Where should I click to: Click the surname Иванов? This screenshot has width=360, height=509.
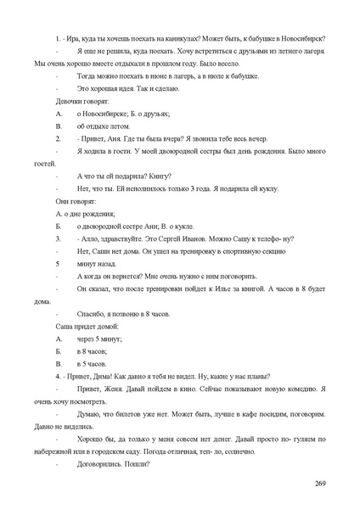194,238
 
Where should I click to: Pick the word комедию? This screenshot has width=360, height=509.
292,389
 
